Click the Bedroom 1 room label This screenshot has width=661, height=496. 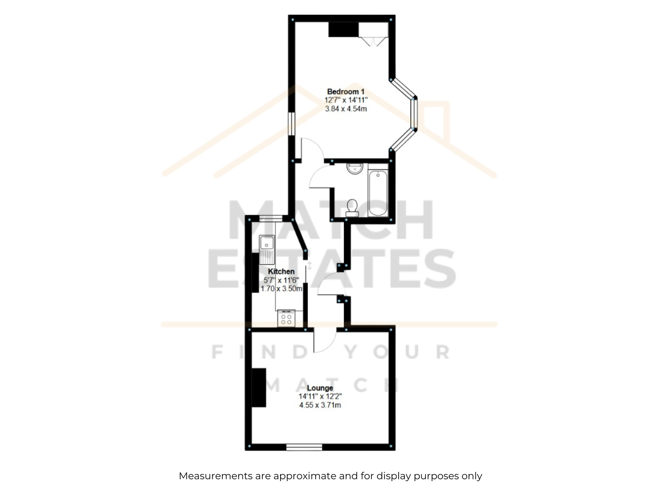[x=346, y=91]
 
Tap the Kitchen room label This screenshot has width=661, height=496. [x=281, y=271]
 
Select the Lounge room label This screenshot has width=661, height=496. [x=320, y=388]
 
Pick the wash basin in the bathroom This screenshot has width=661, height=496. [x=355, y=169]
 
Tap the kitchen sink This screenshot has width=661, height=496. [x=267, y=250]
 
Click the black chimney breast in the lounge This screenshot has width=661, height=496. [x=259, y=388]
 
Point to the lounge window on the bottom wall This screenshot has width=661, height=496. [x=304, y=447]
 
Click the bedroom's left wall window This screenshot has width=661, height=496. [x=291, y=124]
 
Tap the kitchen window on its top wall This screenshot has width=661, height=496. [x=271, y=219]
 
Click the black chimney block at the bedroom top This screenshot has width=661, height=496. [x=343, y=29]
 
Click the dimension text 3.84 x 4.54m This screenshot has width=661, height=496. [x=346, y=109]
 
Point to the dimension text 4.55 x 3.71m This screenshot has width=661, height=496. [x=320, y=405]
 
